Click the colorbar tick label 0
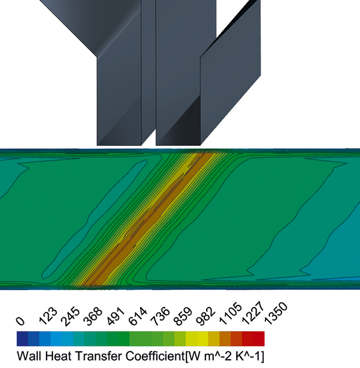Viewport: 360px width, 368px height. pyautogui.click(x=20, y=321)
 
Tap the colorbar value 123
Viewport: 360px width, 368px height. pyautogui.click(x=48, y=316)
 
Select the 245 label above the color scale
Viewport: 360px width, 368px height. pyautogui.click(x=70, y=316)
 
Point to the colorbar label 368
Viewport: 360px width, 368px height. pyautogui.click(x=93, y=316)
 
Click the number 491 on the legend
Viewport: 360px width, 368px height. pyautogui.click(x=116, y=316)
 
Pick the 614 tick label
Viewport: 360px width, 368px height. pyautogui.click(x=138, y=316)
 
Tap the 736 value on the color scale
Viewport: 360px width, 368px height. pyautogui.click(x=161, y=316)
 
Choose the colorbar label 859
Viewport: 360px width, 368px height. pyautogui.click(x=183, y=316)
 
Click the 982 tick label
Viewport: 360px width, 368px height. pyautogui.click(x=206, y=316)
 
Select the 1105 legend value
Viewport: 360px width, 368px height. pyautogui.click(x=231, y=314)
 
